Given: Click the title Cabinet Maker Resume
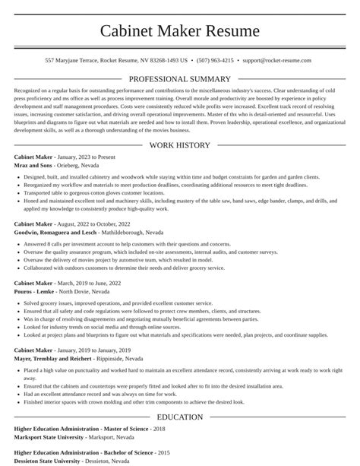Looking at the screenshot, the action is click(x=179, y=31).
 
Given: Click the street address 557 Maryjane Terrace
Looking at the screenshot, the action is click(x=73, y=59).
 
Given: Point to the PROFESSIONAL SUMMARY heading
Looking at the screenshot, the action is click(x=179, y=79).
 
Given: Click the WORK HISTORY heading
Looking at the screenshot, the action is click(x=179, y=144).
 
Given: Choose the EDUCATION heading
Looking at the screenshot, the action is click(x=179, y=417).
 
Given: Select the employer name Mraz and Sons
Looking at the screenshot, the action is click(x=33, y=165).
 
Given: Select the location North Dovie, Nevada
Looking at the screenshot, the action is click(x=85, y=291).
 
